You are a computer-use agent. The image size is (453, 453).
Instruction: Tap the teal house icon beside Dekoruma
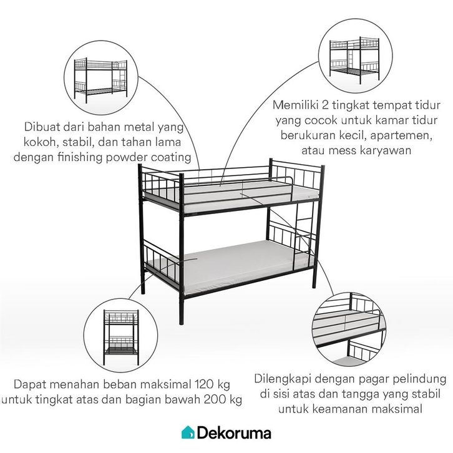coord(188,432)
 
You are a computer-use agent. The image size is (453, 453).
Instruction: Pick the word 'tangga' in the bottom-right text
coord(360,394)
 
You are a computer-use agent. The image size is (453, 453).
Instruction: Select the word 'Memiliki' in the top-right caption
coord(295,105)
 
